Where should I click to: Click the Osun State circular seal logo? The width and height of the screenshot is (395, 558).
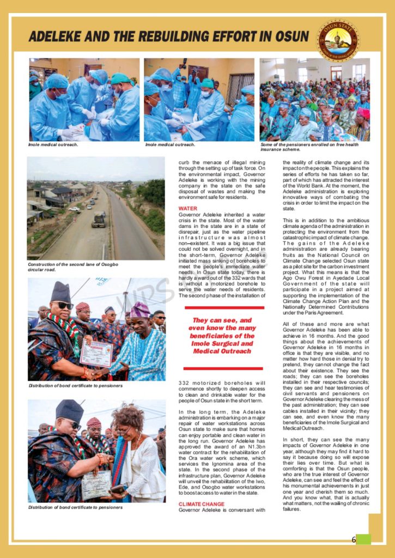[x=337, y=41]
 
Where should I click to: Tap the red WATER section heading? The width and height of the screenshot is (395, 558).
[x=188, y=208]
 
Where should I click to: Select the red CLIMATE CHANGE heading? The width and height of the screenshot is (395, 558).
[x=201, y=504]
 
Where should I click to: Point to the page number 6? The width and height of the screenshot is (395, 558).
[x=354, y=539]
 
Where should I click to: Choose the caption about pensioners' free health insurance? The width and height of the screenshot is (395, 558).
[x=309, y=147]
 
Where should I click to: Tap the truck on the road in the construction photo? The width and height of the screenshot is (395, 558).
[x=99, y=219]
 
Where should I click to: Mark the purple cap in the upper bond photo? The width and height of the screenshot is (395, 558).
[x=140, y=310]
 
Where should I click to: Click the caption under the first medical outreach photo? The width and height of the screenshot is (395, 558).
[x=53, y=145]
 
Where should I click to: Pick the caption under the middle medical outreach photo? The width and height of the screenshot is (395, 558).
[x=170, y=145]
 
